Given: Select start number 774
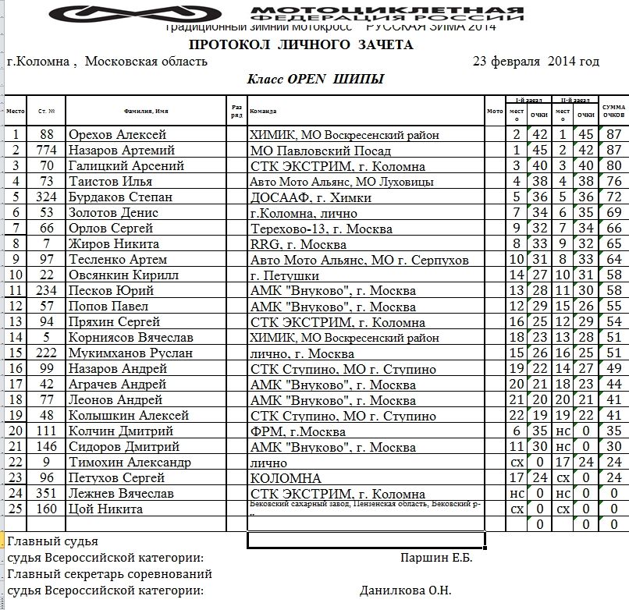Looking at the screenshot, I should click(x=47, y=151).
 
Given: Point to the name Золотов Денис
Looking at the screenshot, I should click(x=114, y=213).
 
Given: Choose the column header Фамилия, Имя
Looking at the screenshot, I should click(x=146, y=111).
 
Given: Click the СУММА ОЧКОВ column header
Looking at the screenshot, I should click(x=613, y=111).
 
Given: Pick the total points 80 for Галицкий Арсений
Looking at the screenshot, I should click(x=613, y=166).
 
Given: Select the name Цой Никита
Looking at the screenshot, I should click(x=105, y=509).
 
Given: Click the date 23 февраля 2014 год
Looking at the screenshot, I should click(x=536, y=62).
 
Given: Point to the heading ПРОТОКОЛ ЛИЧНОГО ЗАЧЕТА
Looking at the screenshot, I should click(x=301, y=45).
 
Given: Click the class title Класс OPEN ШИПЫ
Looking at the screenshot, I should click(x=315, y=80).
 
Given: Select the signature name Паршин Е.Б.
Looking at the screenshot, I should click(x=436, y=558).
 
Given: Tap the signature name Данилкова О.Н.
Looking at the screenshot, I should click(x=405, y=590).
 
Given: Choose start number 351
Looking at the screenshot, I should click(x=47, y=494).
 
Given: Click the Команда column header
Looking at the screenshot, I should click(x=265, y=111).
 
